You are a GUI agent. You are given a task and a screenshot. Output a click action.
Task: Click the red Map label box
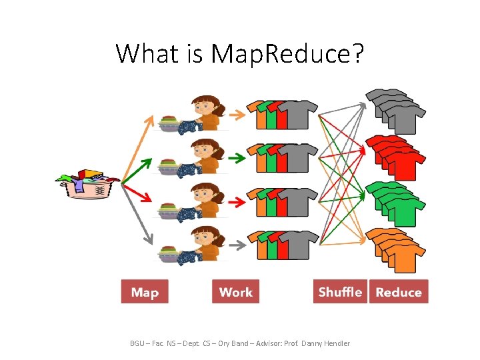[x=145, y=292]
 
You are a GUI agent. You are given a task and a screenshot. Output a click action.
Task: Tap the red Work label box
[x=235, y=292]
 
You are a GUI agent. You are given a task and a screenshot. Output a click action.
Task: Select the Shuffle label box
[x=340, y=292]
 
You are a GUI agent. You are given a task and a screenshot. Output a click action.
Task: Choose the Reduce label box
[x=399, y=292]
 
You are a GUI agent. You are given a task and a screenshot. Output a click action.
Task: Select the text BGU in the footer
[x=137, y=343]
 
